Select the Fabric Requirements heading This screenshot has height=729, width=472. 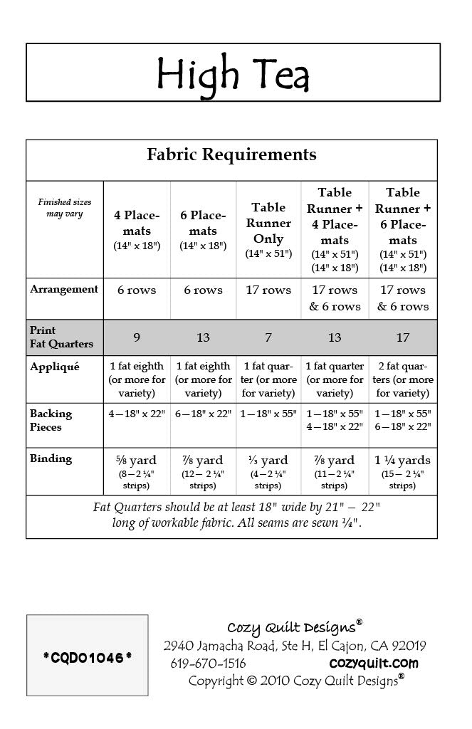231,154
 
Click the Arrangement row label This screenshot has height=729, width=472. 64,290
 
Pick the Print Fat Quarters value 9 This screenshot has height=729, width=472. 137,337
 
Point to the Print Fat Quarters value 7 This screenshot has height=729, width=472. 268,337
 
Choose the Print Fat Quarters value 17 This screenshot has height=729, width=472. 403,337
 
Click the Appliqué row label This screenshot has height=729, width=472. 54,367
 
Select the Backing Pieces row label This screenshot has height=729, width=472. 51,420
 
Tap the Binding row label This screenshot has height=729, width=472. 51,459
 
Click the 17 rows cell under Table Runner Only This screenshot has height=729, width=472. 268,290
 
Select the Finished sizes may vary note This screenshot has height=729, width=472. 65,208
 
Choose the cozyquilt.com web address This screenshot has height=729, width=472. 374,664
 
